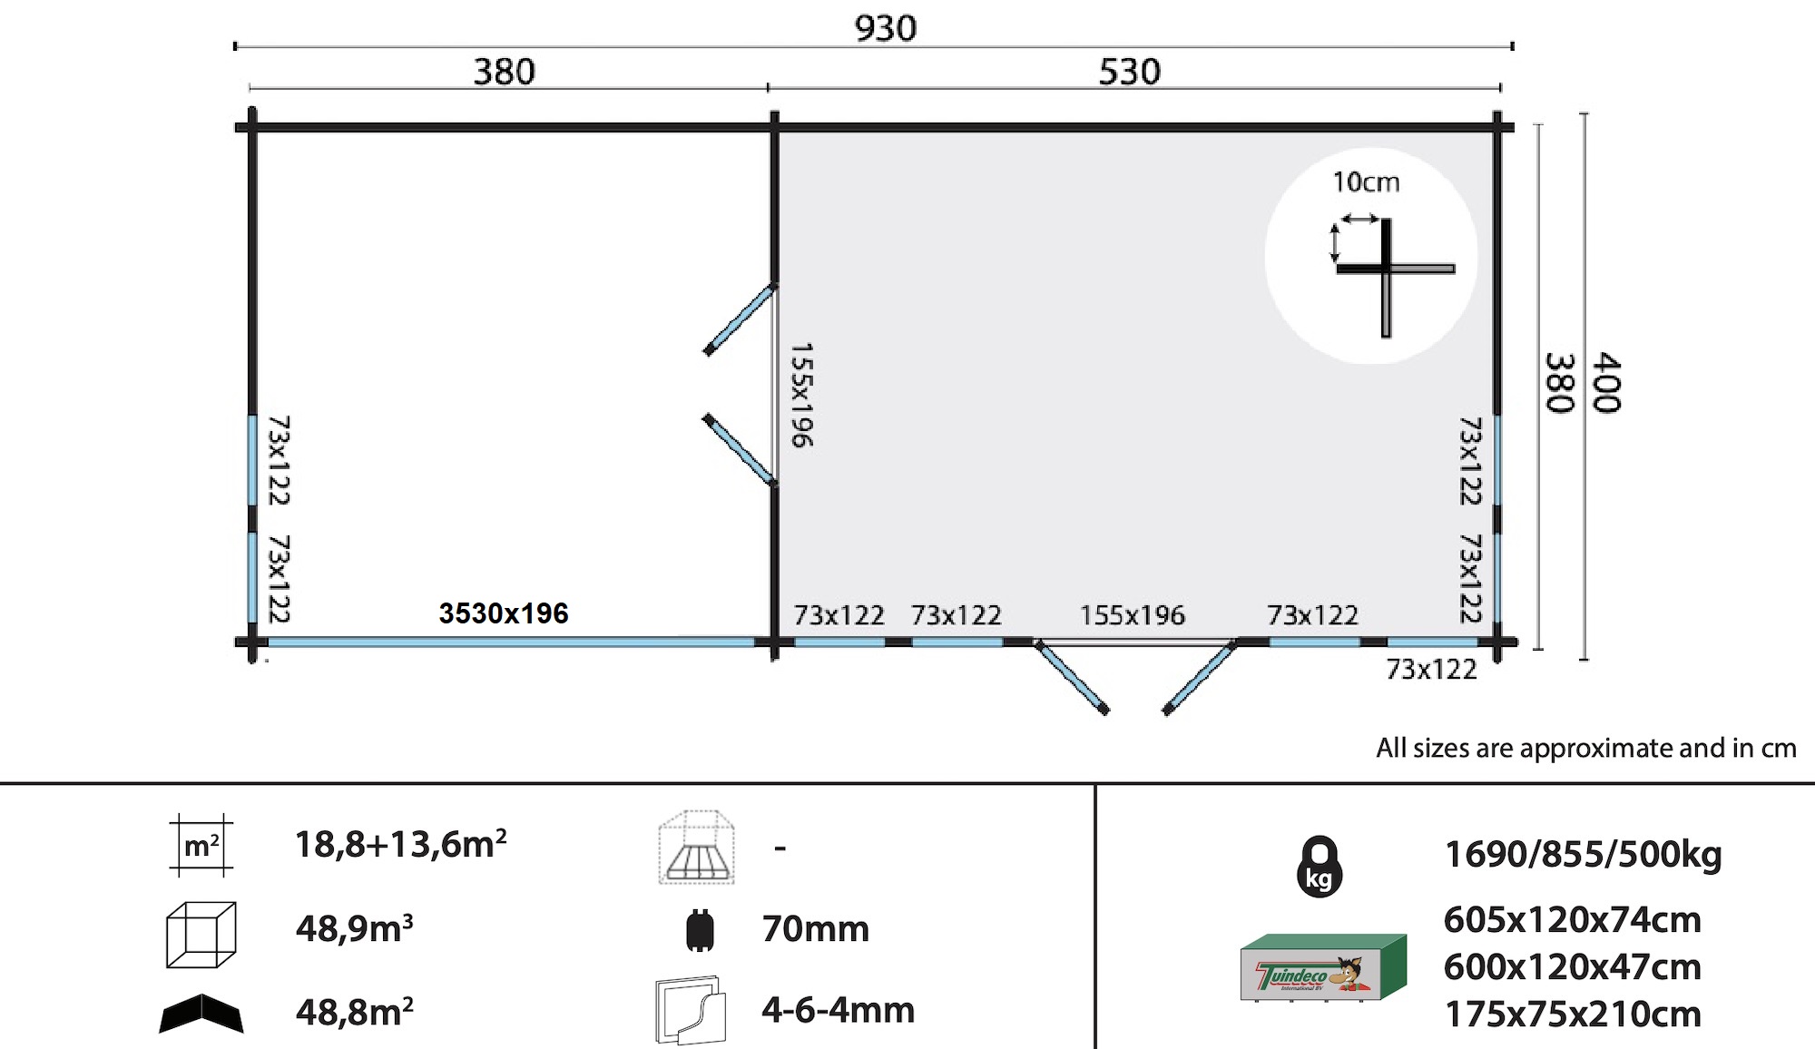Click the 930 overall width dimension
coord(886,28)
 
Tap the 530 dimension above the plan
coord(1129,72)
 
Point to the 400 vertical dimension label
coord(1607,382)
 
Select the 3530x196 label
coord(504,613)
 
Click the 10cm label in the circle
coord(1366,182)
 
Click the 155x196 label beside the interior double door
coord(801,395)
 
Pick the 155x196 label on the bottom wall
coord(1133,615)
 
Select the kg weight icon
coord(1320,867)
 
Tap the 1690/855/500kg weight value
coord(1583,855)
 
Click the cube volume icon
coord(201,934)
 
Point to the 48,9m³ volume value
coord(355,928)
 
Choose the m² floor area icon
coord(201,846)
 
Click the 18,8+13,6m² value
coord(401,844)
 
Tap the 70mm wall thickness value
coord(816,929)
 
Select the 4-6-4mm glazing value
coord(839,1010)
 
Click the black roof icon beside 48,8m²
coord(201,1014)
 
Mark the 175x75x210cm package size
coord(1573,1015)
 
